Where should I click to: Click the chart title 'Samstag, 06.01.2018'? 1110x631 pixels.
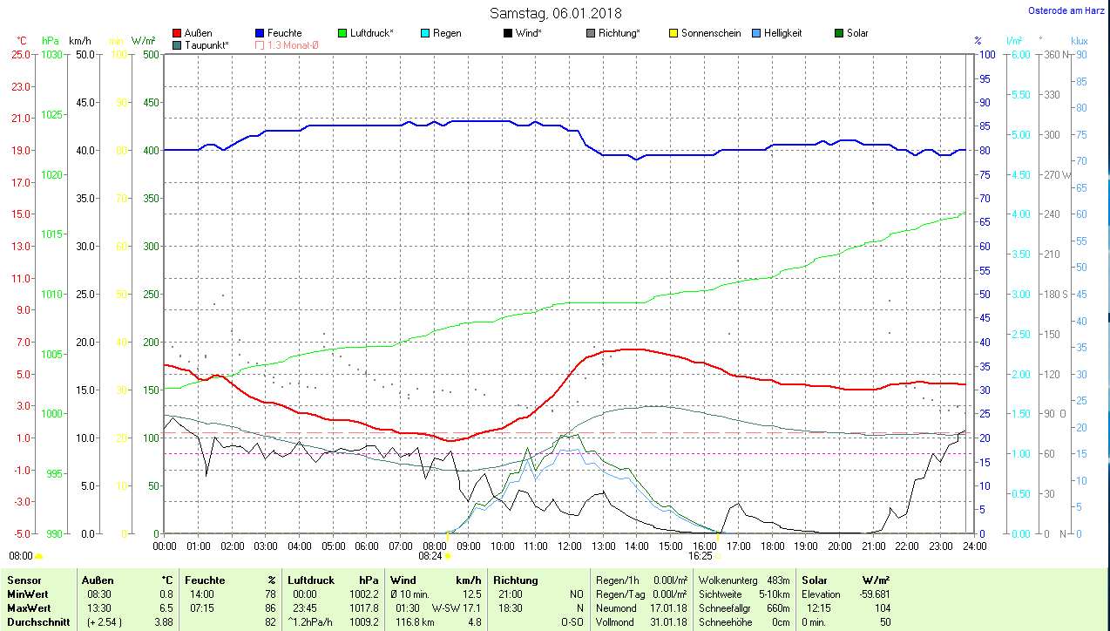click(555, 13)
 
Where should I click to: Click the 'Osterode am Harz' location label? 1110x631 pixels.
click(1066, 11)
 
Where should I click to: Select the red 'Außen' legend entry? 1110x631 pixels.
click(193, 33)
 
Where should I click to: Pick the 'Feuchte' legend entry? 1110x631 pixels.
click(279, 33)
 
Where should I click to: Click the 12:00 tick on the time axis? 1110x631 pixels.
click(569, 546)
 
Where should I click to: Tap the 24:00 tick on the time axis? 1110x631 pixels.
click(974, 546)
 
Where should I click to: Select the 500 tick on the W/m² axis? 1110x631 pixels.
click(150, 54)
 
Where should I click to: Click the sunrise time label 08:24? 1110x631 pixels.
click(430, 555)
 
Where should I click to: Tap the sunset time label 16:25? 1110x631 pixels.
click(701, 555)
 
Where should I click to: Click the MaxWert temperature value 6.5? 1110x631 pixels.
click(166, 608)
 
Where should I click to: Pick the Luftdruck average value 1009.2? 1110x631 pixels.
click(363, 622)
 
